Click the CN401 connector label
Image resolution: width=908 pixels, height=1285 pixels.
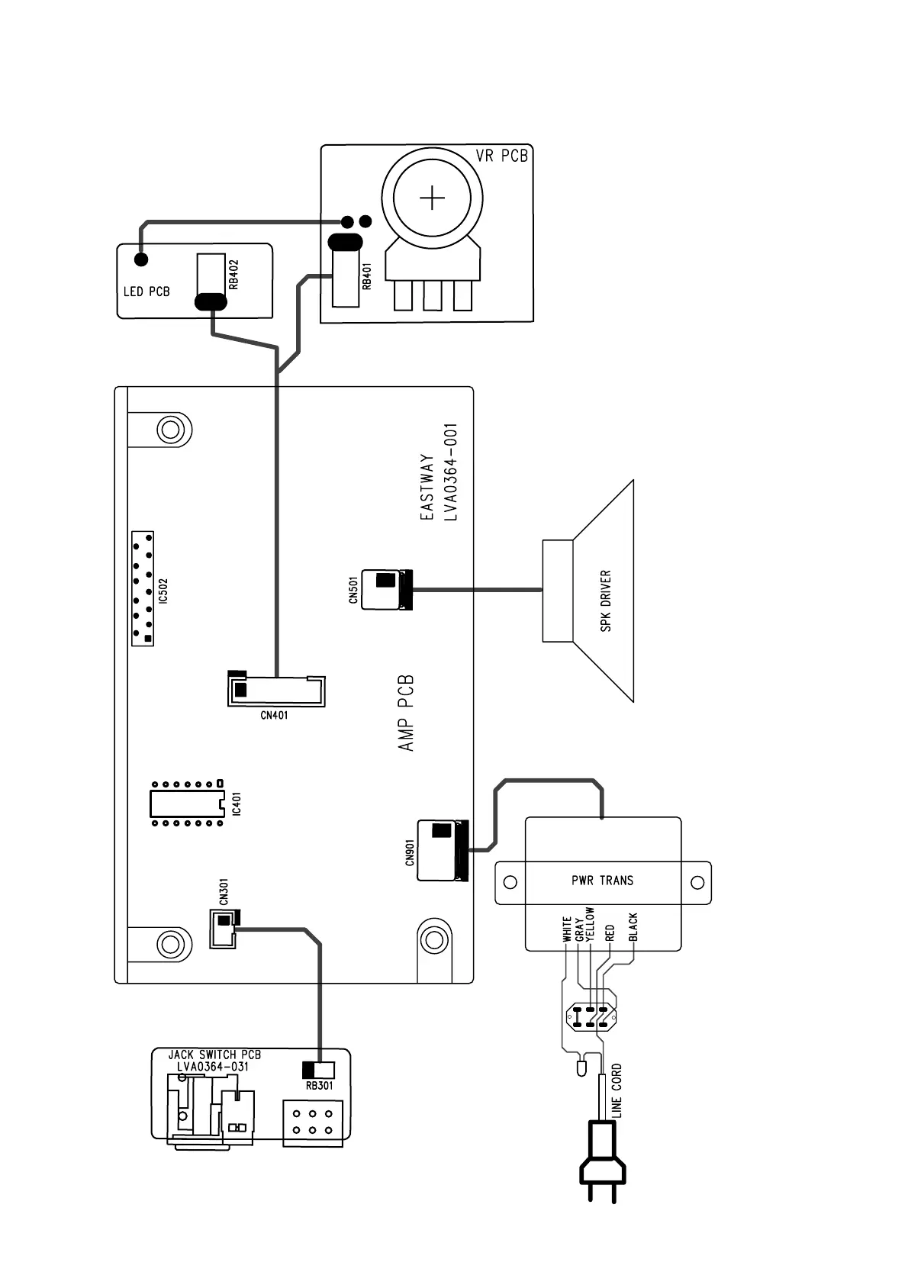pyautogui.click(x=274, y=715)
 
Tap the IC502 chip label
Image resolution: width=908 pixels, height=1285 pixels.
pyautogui.click(x=163, y=590)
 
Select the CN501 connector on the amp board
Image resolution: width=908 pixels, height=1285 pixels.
pyautogui.click(x=385, y=589)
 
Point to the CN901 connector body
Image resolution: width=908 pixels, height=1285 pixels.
pyautogui.click(x=440, y=849)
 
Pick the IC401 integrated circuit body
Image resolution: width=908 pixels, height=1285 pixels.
pyautogui.click(x=185, y=804)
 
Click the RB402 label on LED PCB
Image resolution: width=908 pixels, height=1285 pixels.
pyautogui.click(x=234, y=275)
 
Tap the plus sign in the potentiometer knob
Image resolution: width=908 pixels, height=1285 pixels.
pyautogui.click(x=433, y=199)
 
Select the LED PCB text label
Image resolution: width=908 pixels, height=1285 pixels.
pyautogui.click(x=147, y=291)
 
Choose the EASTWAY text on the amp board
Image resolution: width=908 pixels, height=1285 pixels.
pyautogui.click(x=428, y=488)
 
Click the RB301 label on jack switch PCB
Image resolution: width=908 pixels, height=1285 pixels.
pyautogui.click(x=320, y=1086)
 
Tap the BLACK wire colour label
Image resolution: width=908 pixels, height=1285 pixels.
pyautogui.click(x=633, y=928)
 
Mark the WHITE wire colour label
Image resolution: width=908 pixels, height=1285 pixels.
pyautogui.click(x=567, y=929)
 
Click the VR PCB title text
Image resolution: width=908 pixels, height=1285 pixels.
pyautogui.click(x=501, y=156)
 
